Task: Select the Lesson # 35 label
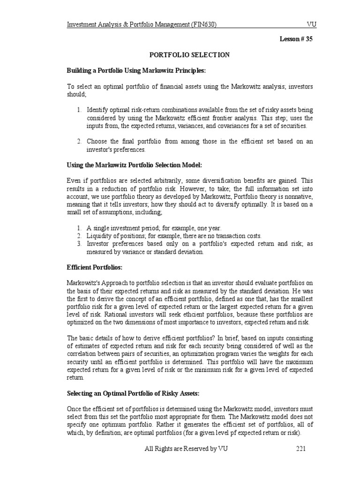click(296, 39)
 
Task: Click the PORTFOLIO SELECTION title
click(189, 55)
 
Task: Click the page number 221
click(300, 449)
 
